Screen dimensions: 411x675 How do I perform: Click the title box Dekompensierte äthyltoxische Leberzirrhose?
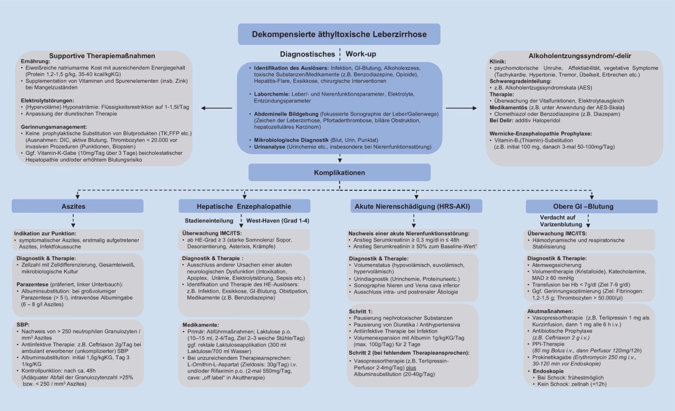coord(339,34)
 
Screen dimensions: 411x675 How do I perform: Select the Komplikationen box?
coord(339,172)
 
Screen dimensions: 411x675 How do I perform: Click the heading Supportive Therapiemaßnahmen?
coord(101,56)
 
